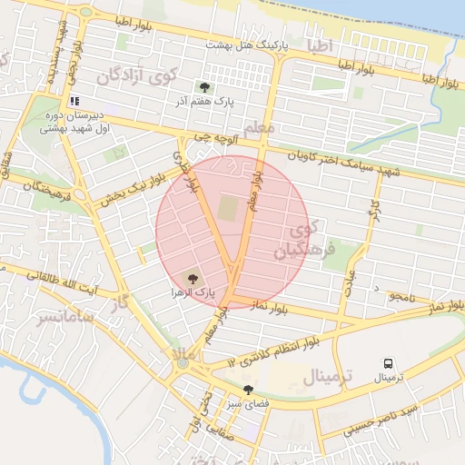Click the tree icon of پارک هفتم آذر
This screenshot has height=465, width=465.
(x=204, y=88)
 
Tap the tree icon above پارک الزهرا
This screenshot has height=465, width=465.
(x=192, y=278)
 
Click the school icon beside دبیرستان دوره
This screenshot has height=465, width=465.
(x=74, y=101)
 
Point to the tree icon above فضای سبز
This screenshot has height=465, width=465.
(x=247, y=390)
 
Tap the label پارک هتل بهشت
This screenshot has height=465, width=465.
(x=246, y=44)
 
